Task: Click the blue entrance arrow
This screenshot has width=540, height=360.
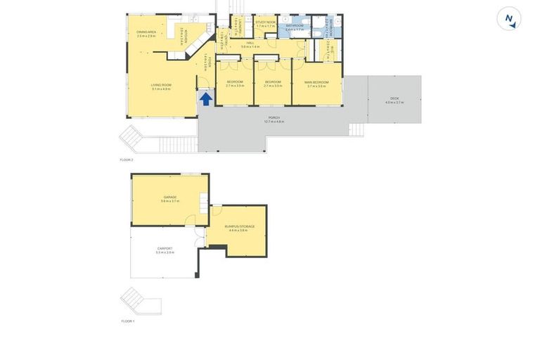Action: (205, 98)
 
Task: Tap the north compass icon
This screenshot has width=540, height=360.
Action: (509, 18)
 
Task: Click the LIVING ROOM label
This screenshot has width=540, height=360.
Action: (161, 85)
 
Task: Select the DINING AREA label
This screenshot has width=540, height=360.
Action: (146, 32)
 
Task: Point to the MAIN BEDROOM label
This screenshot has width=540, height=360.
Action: (316, 82)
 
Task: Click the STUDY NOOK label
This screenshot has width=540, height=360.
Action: (266, 22)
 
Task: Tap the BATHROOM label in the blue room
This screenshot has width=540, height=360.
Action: (295, 27)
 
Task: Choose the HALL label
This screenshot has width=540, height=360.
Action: (250, 43)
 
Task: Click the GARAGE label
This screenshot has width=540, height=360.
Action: (170, 197)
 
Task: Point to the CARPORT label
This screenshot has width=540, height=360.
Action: (165, 248)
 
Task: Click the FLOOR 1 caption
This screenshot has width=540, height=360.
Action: (127, 321)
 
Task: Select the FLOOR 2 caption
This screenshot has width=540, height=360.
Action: (127, 160)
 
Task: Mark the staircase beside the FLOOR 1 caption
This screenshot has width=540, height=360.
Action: (141, 301)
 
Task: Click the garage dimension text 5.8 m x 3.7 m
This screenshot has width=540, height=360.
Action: (170, 201)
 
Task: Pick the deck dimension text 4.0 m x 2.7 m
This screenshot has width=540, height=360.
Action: (394, 103)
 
